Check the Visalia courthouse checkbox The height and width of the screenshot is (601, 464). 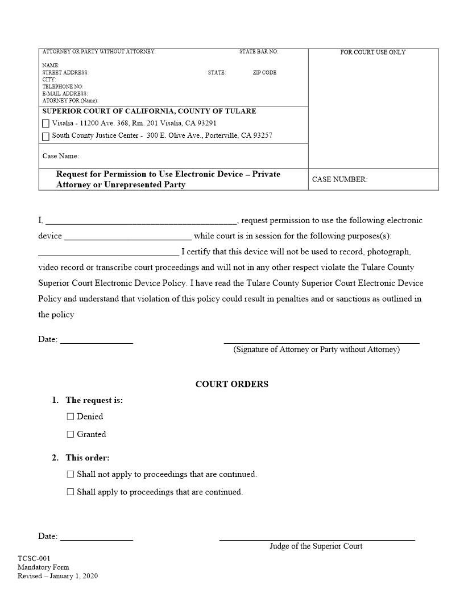pos(46,124)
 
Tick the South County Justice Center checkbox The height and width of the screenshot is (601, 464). pos(46,137)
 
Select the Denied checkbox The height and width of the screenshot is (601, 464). pos(71,417)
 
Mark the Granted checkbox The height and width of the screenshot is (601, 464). pos(71,434)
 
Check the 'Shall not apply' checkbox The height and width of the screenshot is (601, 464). pos(71,474)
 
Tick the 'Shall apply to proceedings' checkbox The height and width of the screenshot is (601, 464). pos(71,492)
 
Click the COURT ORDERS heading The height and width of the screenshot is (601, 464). pos(231,384)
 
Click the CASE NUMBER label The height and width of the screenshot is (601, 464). pos(339,179)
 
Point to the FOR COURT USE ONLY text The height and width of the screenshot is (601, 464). pos(372,52)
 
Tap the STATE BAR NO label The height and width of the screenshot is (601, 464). pos(258,52)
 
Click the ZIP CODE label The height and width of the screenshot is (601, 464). pos(264,73)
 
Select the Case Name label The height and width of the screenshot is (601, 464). pos(60,156)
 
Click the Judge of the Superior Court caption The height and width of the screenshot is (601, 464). pos(316,546)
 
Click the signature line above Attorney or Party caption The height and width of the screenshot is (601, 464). pos(321,343)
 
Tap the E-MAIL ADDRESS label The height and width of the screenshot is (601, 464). pos(65,94)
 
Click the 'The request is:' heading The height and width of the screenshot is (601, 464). pos(94,400)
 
